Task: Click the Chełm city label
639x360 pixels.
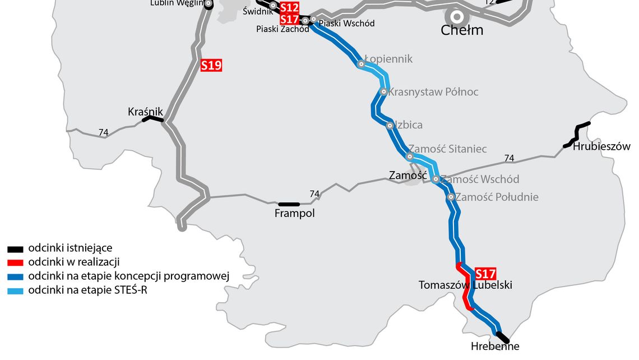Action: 462,30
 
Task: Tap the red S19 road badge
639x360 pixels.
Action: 211,66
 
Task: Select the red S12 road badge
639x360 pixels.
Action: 289,7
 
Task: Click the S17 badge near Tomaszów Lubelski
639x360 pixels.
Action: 485,274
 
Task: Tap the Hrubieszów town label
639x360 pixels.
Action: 601,147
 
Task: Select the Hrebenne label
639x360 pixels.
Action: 495,347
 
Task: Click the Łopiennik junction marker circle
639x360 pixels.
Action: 362,64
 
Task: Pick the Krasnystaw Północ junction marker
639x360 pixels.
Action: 384,91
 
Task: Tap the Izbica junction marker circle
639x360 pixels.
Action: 390,126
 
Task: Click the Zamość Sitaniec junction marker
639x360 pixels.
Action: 410,156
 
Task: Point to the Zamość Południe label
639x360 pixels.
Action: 497,197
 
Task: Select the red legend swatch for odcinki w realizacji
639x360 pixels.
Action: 15,262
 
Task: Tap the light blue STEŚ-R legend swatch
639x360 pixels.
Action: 15,290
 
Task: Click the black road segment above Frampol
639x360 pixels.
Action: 289,204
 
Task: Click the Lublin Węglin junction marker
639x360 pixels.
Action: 208,4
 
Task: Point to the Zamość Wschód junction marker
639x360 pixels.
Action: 436,179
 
